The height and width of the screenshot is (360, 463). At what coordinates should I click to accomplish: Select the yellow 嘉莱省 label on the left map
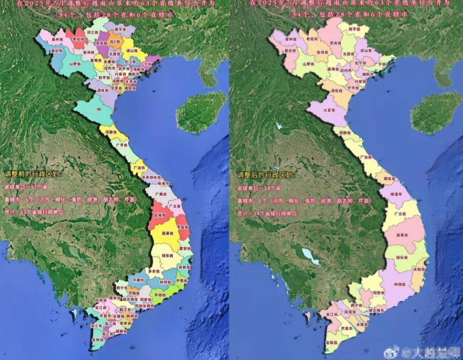168,233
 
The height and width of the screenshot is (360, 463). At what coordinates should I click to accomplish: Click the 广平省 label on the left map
121,144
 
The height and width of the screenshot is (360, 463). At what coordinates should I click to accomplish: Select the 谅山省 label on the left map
131,50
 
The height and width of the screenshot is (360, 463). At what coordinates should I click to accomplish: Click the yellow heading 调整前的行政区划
33,174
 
